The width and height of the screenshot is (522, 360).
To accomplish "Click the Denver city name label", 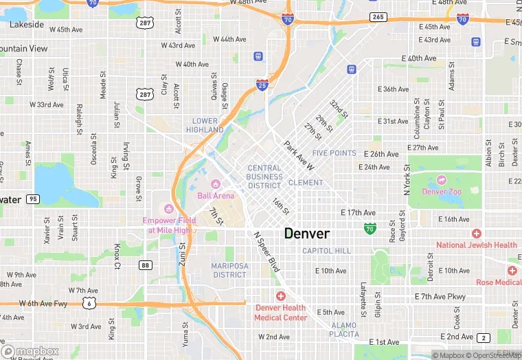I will (307, 234).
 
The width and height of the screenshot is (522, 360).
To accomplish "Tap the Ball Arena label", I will (216, 195).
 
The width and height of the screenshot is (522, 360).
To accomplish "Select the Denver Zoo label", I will (441, 192).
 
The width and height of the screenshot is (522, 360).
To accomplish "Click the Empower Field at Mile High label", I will (169, 225).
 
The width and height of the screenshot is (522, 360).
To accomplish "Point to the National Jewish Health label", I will (477, 245).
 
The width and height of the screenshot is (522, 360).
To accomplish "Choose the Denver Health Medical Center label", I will (281, 313).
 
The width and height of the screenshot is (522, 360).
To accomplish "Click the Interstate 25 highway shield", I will (262, 85).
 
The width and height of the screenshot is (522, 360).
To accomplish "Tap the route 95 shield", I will (32, 199).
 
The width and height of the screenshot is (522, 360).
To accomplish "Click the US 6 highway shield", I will (89, 302).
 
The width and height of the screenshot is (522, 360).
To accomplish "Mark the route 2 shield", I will (484, 337).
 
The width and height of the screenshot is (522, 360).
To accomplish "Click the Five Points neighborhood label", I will (334, 153).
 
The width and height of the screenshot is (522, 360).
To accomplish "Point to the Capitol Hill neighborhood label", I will (326, 251).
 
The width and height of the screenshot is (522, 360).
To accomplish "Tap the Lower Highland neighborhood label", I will (207, 125).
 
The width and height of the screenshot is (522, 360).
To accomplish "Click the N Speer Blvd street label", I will (266, 251).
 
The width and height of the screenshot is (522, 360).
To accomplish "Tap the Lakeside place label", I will (27, 25).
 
